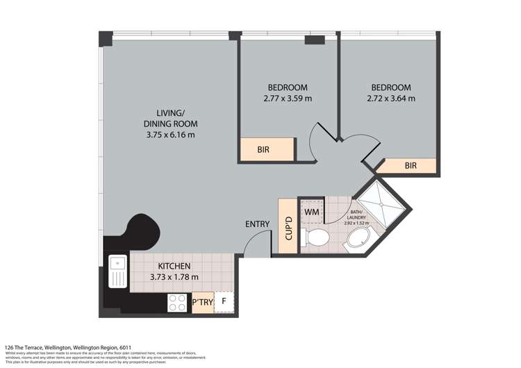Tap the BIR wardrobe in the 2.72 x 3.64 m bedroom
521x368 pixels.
(411, 166)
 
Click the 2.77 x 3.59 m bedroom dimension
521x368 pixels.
(288, 99)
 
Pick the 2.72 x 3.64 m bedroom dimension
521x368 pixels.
(390, 99)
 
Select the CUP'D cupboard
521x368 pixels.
(288, 228)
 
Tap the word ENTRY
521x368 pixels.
(258, 224)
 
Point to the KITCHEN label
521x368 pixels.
(174, 266)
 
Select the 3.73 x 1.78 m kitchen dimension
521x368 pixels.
(174, 277)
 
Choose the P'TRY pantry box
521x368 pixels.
(201, 302)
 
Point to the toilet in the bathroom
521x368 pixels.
(317, 237)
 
